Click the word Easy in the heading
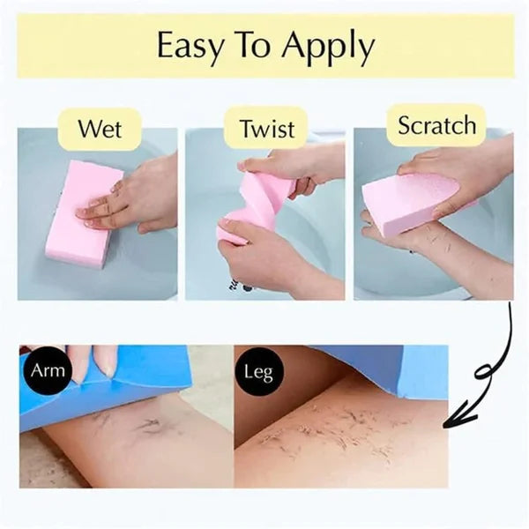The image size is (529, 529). (190, 45)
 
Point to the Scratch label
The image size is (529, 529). (437, 125)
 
